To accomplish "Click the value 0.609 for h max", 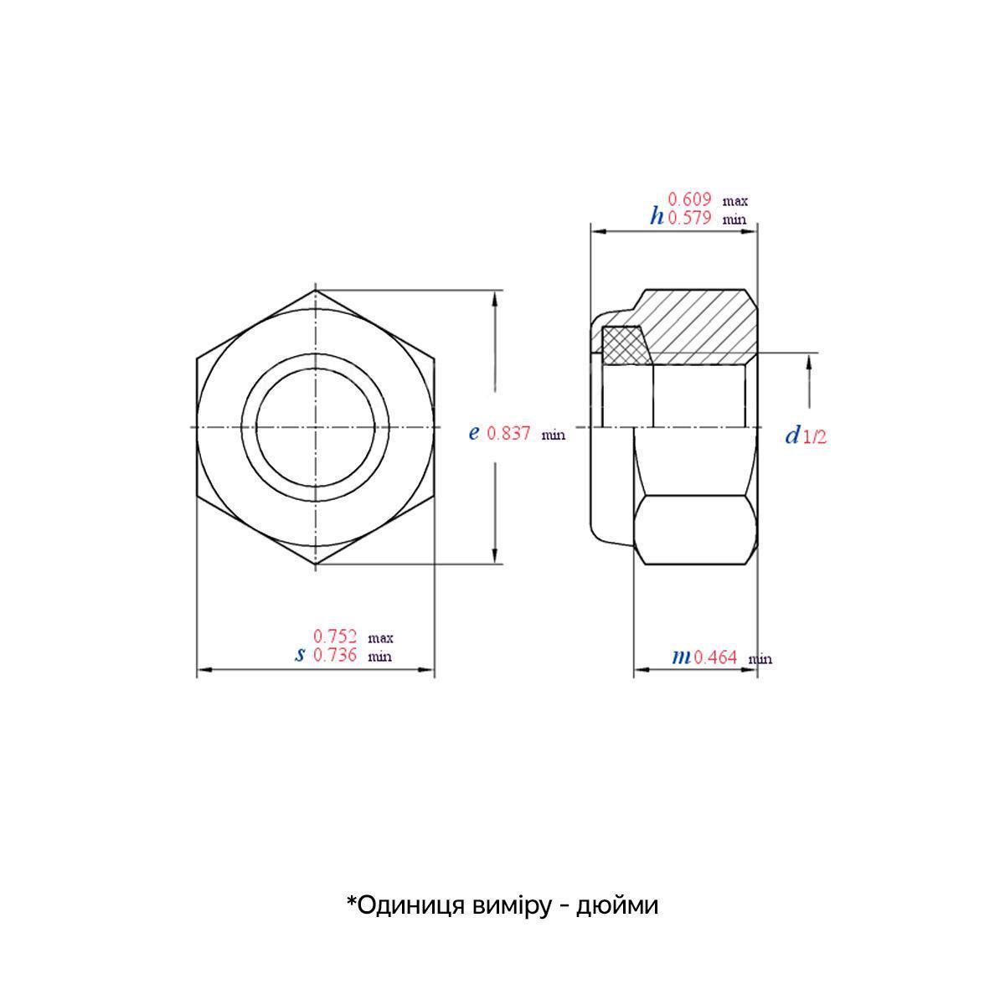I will click(x=689, y=199).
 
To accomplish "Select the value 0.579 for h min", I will click(x=689, y=218).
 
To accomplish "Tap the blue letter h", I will click(x=657, y=217).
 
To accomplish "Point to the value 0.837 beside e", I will click(x=508, y=433).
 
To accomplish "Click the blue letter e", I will click(x=473, y=433).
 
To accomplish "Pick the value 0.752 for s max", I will click(x=335, y=636).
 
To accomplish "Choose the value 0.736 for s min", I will click(x=335, y=655).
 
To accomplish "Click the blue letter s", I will click(x=300, y=655).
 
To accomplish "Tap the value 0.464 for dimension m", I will click(x=715, y=657).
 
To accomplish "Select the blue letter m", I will click(x=682, y=657).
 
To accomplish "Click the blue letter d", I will click(x=792, y=435).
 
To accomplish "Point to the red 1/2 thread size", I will click(x=815, y=436).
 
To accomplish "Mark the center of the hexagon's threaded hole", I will click(x=316, y=429).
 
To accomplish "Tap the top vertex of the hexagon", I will click(x=316, y=291).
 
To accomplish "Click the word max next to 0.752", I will click(x=381, y=638).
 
